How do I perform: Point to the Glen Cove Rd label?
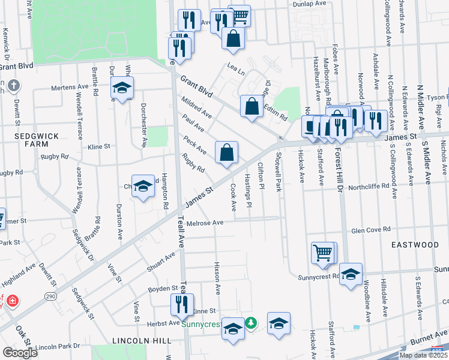click(370, 230)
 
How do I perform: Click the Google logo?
click(20, 353)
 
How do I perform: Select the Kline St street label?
click(99, 146)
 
